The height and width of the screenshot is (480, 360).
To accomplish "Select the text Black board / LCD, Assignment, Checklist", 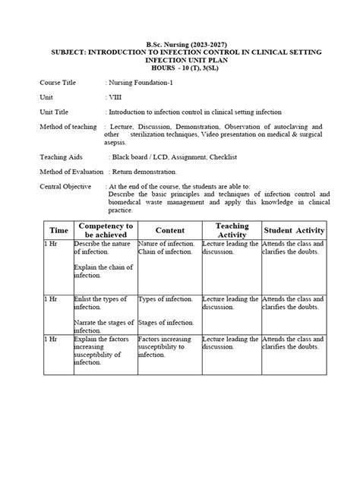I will coord(171,156).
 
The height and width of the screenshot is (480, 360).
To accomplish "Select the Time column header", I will coord(58,230).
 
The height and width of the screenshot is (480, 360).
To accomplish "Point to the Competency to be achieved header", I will coord(105,230).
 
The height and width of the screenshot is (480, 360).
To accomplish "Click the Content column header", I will coord(169,230).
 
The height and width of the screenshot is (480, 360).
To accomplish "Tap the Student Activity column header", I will coord(293,230).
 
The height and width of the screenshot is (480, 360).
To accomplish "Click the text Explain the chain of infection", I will coord(103,271).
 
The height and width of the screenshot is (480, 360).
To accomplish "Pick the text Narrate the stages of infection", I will coord(103,327).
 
